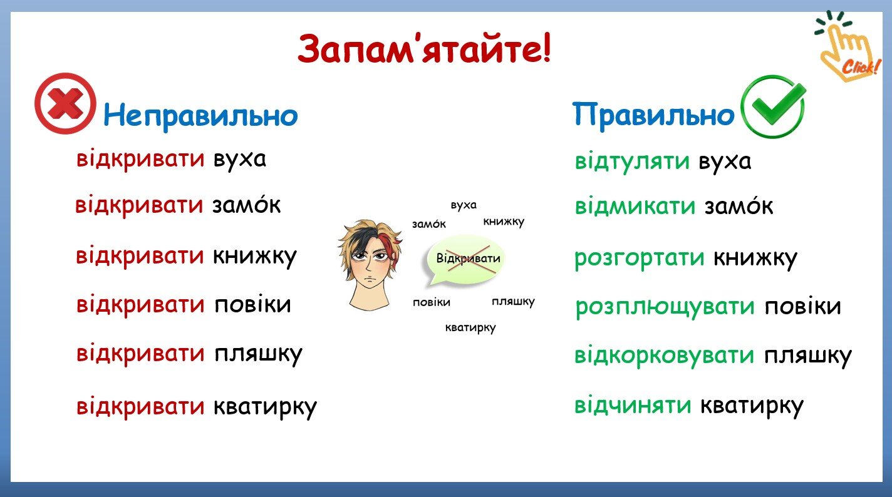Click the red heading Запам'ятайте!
[x=425, y=48]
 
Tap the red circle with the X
[x=65, y=103]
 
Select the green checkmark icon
[x=773, y=106]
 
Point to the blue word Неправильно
[x=200, y=115]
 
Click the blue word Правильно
[x=653, y=114]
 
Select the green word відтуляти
[x=631, y=161]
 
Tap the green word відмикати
[x=635, y=206]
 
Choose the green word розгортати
[x=639, y=259]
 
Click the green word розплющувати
[x=665, y=307]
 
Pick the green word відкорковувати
[x=664, y=355]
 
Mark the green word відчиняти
[x=633, y=405]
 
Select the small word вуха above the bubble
[x=464, y=205]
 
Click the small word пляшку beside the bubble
[x=513, y=302]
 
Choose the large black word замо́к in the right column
[x=739, y=205]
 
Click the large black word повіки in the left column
[x=253, y=304]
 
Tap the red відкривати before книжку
[x=140, y=255]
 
